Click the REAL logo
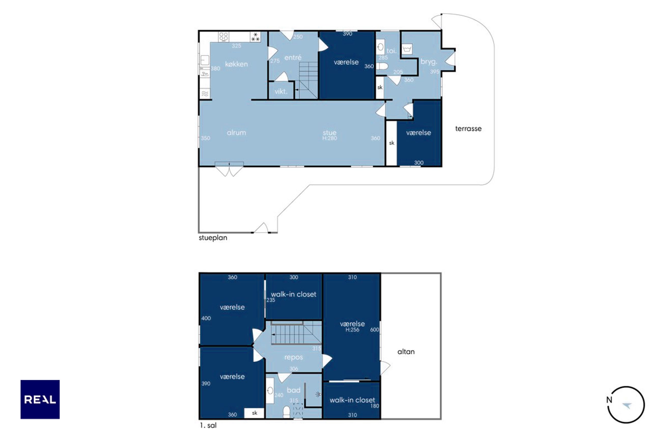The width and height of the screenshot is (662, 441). [40, 399]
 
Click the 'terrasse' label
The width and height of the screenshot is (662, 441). [468, 129]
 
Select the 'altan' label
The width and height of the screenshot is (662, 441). [406, 352]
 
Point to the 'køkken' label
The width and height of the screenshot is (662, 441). [236, 64]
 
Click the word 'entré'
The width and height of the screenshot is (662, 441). [293, 58]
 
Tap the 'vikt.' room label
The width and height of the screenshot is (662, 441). [281, 91]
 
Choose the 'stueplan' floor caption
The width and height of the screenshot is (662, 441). [213, 238]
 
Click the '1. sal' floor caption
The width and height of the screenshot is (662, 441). [208, 425]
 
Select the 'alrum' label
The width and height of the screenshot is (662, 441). [236, 133]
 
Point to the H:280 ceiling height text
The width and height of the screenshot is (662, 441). [329, 138]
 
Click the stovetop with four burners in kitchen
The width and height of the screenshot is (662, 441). [224, 37]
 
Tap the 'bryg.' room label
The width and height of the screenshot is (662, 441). [429, 62]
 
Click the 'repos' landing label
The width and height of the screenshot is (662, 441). [293, 357]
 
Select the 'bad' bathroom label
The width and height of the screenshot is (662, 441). [293, 390]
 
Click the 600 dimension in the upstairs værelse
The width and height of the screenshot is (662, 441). [375, 330]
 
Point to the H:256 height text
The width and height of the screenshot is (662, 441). [352, 330]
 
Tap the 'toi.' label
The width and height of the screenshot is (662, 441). [391, 51]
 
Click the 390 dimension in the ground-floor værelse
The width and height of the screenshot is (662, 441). [348, 34]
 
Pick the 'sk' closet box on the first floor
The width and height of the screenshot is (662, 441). [254, 413]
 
